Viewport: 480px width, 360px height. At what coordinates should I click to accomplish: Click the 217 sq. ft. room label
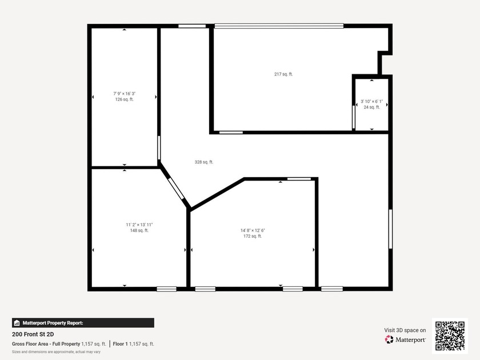283,74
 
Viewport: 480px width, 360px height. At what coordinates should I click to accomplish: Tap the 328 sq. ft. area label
204,162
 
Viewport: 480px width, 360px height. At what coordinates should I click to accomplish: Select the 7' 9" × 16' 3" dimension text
125,94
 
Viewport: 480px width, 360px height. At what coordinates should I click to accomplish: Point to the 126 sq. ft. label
125,99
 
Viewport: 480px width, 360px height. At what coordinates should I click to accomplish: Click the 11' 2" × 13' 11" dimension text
139,225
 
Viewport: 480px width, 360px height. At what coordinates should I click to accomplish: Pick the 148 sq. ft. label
139,230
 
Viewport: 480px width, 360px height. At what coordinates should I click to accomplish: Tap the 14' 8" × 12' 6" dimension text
253,230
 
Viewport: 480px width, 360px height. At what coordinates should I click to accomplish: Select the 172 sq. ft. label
253,237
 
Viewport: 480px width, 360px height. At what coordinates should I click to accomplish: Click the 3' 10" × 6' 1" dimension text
371,101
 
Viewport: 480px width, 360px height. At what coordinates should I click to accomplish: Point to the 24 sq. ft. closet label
371,107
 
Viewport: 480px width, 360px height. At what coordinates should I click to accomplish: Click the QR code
450,336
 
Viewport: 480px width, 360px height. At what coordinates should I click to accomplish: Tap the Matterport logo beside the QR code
405,339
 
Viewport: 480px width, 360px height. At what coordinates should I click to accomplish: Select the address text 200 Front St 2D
33,334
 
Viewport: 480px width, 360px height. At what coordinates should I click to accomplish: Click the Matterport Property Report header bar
83,323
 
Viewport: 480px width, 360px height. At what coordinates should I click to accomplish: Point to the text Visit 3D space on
405,330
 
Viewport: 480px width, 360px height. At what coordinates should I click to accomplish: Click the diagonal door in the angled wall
176,189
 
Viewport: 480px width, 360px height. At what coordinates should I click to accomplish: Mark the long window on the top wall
279,26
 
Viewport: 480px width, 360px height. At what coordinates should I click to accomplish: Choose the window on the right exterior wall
391,229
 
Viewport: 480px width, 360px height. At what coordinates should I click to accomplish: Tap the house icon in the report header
17,323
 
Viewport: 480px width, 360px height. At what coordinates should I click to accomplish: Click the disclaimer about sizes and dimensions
56,352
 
